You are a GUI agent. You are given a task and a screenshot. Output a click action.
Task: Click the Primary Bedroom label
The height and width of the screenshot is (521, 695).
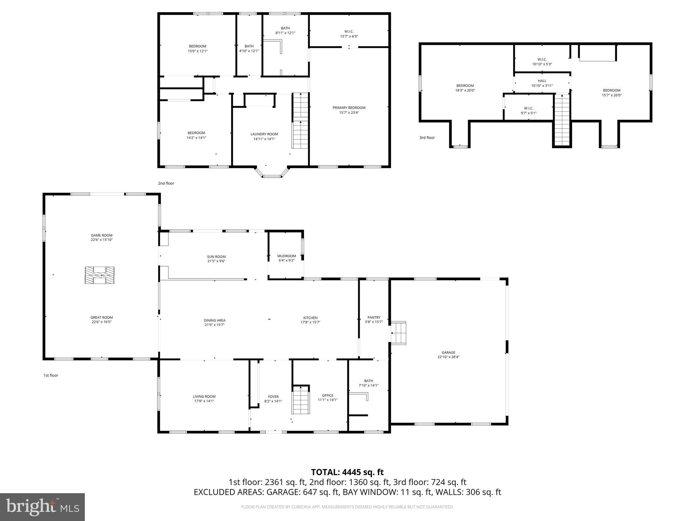(x=349, y=108)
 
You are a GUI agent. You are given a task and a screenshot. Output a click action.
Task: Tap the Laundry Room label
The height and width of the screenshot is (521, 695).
(x=264, y=134)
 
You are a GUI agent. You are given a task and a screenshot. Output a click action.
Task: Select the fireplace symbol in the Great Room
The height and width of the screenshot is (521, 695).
(x=99, y=275)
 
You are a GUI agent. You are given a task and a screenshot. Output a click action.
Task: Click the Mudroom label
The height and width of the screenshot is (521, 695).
(x=286, y=256)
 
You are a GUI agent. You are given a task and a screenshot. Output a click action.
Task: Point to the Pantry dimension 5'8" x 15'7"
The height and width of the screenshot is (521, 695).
(x=374, y=322)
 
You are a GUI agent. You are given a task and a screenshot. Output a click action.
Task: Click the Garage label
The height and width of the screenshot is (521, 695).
(x=448, y=352)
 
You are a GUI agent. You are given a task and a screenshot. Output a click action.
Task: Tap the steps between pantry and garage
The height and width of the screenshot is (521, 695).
(x=399, y=333)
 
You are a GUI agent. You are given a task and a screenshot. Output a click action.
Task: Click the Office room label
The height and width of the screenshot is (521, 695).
(x=327, y=395)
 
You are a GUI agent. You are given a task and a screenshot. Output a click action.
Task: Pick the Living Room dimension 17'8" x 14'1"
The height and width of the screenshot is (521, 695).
(x=204, y=401)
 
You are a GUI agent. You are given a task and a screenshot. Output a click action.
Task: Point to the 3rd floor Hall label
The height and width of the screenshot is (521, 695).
(x=542, y=81)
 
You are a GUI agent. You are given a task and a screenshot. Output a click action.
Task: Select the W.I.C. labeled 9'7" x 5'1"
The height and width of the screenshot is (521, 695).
(x=528, y=113)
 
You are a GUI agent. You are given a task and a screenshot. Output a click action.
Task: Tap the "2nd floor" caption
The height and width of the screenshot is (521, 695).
(x=166, y=184)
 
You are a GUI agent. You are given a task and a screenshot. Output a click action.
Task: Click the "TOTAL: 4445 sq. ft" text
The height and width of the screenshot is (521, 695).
(x=347, y=472)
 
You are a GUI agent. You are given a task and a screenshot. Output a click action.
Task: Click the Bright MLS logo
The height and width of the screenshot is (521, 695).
(x=42, y=507)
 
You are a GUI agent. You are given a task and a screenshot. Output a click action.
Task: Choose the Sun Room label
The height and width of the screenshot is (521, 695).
(x=216, y=257)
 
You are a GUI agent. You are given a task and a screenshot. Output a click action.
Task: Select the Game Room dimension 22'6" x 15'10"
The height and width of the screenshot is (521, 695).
(x=101, y=240)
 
